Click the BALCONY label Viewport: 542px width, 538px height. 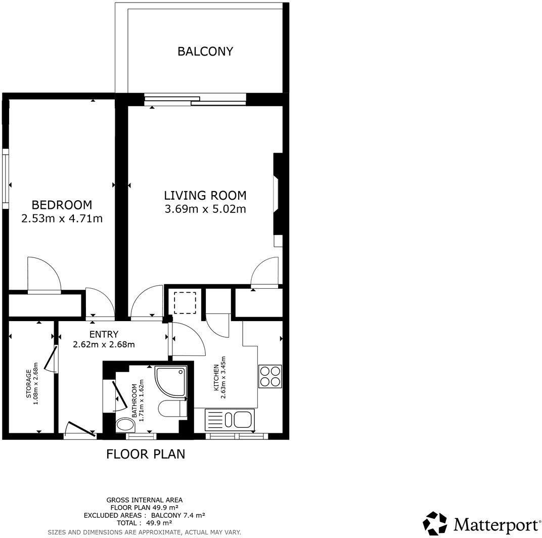tap(205, 51)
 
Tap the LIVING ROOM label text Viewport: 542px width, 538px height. tap(205, 195)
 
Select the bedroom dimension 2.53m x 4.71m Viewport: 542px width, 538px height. tap(62, 218)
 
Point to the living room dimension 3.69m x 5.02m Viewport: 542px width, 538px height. tap(205, 208)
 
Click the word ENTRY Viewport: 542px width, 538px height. tap(104, 334)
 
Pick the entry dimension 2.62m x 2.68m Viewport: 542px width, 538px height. tap(105, 345)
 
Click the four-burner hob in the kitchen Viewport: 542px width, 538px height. tap(269, 376)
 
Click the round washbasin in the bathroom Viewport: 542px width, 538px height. tap(123, 425)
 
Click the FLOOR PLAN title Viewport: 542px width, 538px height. tap(145, 454)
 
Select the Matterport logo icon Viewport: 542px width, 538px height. tap(436, 522)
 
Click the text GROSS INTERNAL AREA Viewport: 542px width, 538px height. tap(144, 500)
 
